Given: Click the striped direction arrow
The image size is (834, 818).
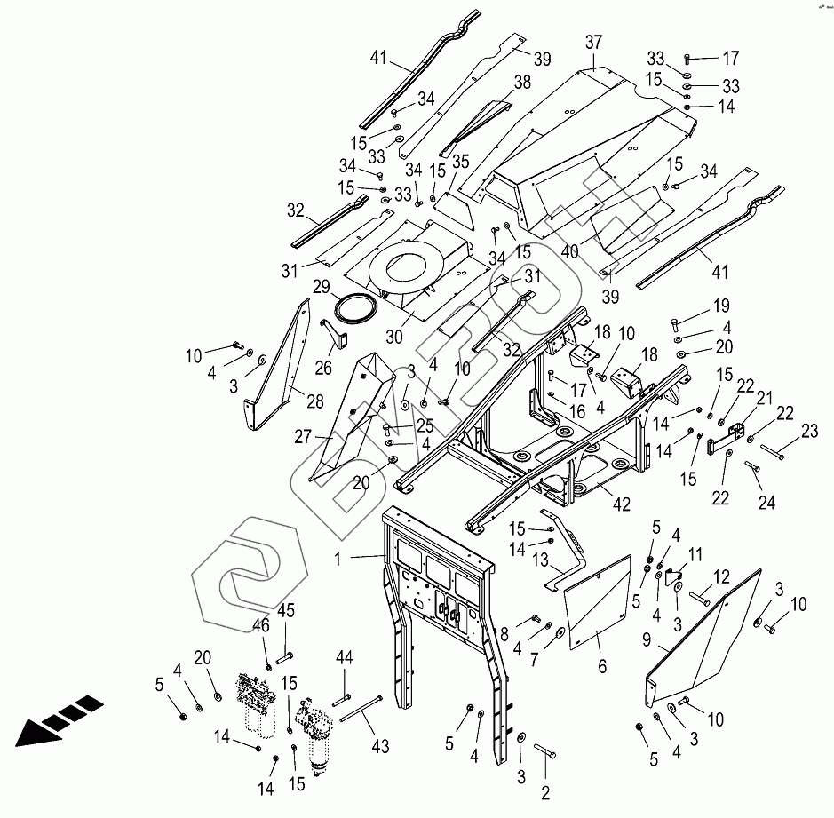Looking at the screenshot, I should pos(55,720).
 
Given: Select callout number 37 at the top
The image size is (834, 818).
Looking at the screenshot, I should pos(593,43).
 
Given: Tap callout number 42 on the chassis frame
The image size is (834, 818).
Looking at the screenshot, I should pos(621,504).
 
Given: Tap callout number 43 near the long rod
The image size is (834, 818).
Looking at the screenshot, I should pos(380,747).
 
